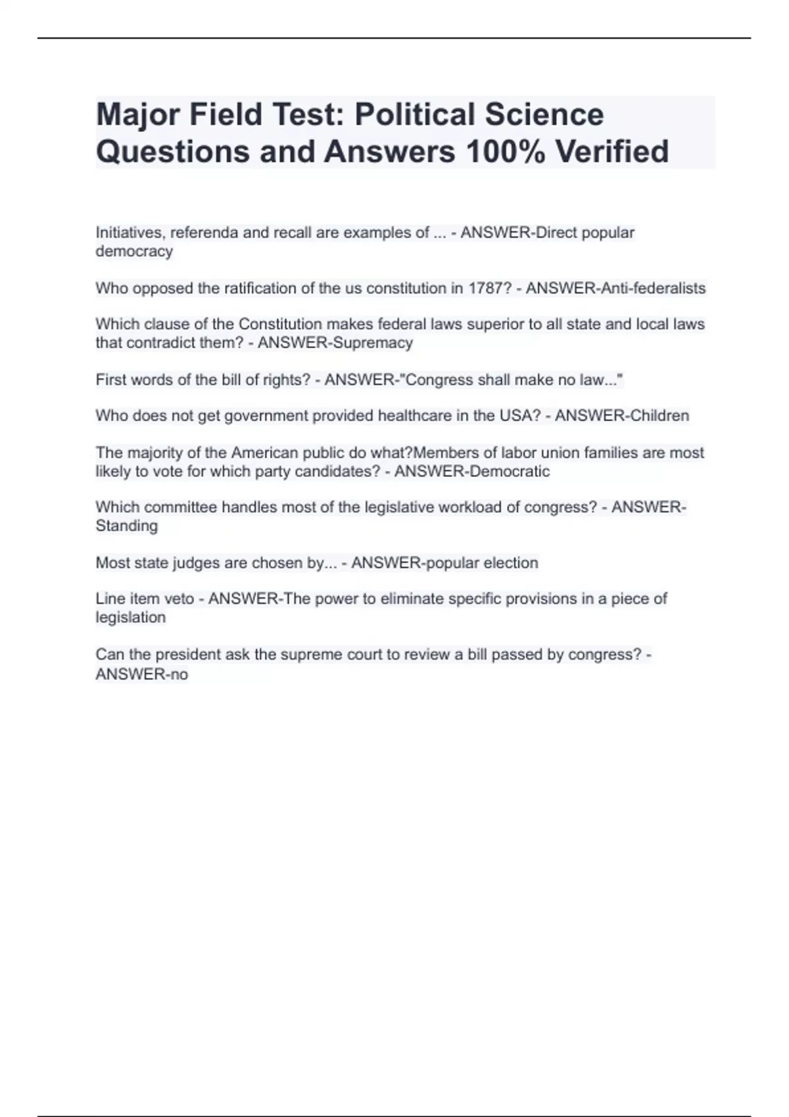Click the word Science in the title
[x=544, y=114]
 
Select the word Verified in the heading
[x=612, y=152]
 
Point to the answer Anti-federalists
[x=649, y=288]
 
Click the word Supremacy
[x=373, y=343]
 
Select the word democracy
[x=134, y=252]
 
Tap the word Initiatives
[x=130, y=233]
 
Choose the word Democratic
[x=506, y=472]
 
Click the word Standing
[x=127, y=526]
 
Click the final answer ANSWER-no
[x=142, y=674]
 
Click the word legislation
[x=130, y=618]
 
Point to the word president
[x=188, y=654]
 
